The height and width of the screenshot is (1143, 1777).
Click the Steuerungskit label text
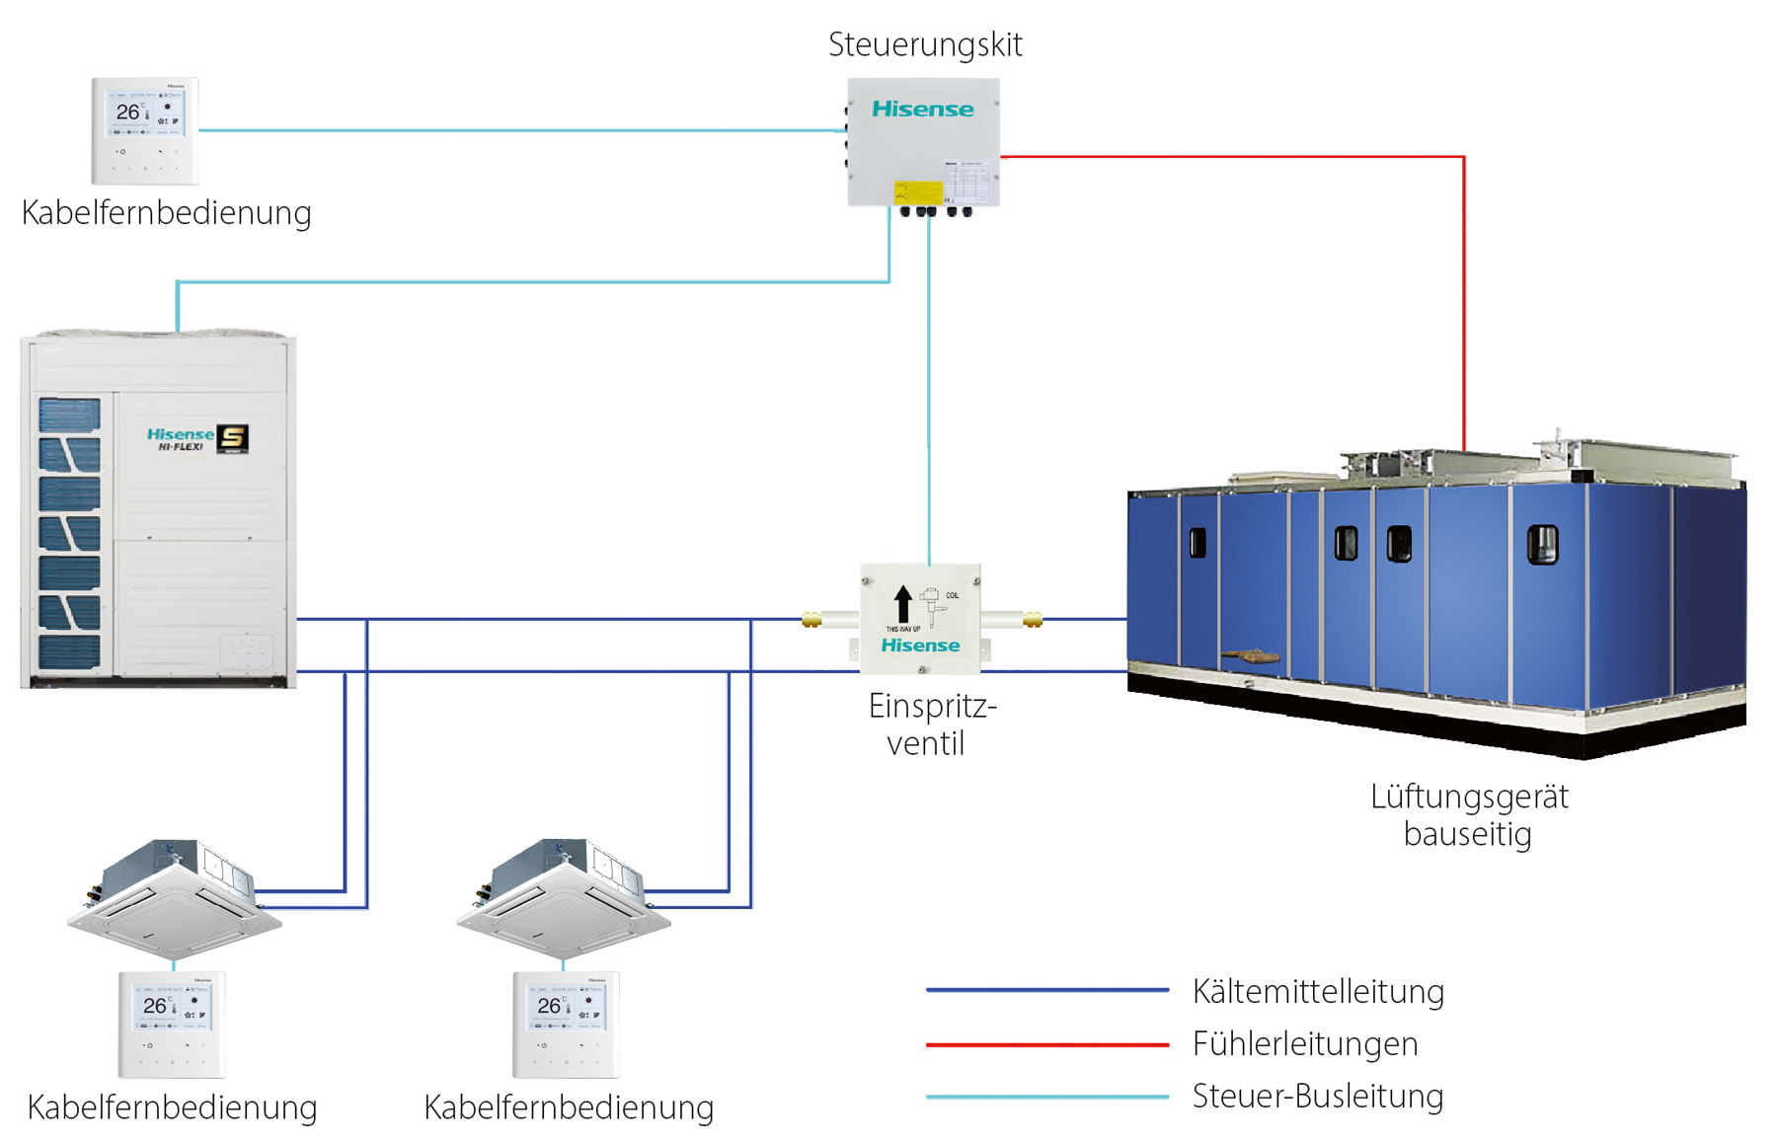(925, 44)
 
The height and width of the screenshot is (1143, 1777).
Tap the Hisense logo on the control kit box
(922, 109)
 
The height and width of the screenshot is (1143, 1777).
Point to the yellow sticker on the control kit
(917, 191)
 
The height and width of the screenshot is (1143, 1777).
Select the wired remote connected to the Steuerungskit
(145, 130)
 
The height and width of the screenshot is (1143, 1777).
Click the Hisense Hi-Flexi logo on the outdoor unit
(196, 438)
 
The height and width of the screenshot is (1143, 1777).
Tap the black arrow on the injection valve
(902, 603)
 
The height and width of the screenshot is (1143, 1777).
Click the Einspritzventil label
(931, 724)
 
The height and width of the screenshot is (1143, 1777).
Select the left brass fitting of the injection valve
(811, 620)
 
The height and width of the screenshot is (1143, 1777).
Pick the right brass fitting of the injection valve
(1033, 620)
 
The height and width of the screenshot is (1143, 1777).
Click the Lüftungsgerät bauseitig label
(1468, 814)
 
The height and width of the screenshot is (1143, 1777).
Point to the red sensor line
(1463, 296)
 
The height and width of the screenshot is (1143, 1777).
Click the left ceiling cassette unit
(175, 898)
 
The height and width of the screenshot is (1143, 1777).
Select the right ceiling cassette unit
(564, 898)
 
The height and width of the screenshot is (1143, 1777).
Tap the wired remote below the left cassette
(172, 1024)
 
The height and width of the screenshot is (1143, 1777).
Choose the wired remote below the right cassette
(566, 1024)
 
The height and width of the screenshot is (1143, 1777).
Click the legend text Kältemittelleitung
(1317, 991)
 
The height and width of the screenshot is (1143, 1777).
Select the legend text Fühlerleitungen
(1304, 1043)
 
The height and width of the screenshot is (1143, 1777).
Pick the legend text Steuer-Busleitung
(1317, 1096)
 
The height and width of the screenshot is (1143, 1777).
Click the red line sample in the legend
(1046, 1043)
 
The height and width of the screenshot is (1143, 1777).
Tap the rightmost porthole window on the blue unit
(1542, 544)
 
